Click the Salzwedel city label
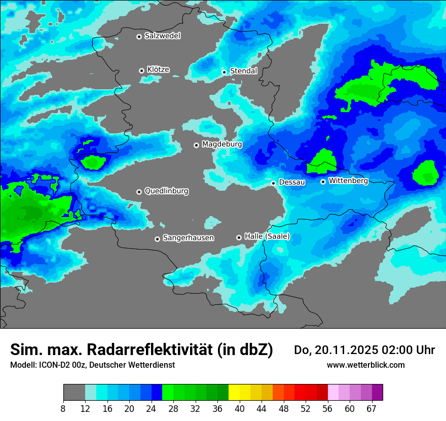pos(162,36)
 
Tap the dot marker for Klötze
pos(141,71)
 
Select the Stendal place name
pos(243,71)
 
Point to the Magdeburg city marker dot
pos(196,145)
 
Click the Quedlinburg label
pos(166,191)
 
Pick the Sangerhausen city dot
pos(157,239)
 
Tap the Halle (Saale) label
pos(267,236)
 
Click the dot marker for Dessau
pos(273,183)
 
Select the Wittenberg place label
pos(348,181)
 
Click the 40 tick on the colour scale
pos(240,408)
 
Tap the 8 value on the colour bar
pos(63,408)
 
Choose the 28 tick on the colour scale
pos(173,408)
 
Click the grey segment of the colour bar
pos(74,393)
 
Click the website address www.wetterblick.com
pos(366,365)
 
